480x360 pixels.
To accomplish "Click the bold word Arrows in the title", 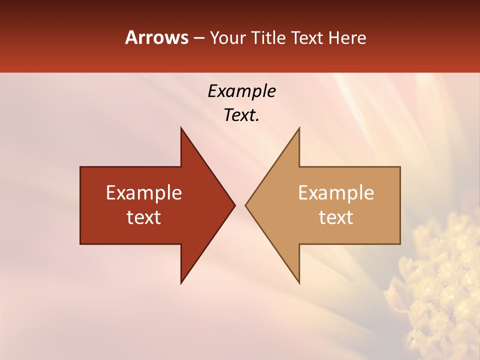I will pos(156,37).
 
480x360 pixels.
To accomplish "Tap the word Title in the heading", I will pos(268,38).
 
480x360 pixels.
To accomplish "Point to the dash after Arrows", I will pos(198,38).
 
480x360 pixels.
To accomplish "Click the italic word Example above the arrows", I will pos(241,91).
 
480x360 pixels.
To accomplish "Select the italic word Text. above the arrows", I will pos(241,115).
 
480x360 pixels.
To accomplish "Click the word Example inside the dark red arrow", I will pos(144,193).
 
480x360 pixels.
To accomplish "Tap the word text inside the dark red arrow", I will pos(144,217).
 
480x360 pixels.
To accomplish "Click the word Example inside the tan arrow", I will pos(336,193).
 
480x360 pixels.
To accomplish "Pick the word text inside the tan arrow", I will pos(336,217).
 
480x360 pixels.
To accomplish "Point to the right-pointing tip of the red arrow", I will pos(234,205).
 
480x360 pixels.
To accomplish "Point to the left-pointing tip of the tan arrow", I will pos(246,205).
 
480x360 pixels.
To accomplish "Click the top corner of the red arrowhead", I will pos(181,128).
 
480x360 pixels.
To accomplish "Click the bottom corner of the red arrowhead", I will pos(181,282).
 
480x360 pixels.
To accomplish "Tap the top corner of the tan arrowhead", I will pos(299,128).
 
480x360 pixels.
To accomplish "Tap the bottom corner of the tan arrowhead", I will pos(299,282).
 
